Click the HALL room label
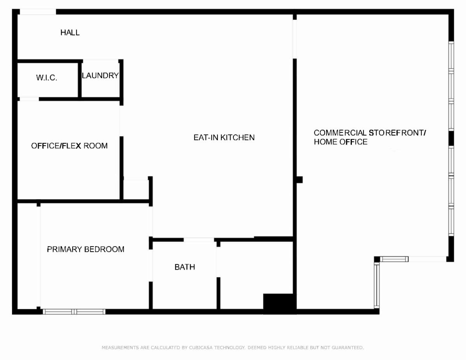70,33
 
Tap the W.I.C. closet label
47,78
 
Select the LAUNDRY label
100,75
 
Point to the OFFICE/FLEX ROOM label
69,146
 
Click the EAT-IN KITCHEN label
224,137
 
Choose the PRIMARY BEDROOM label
85,249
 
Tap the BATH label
185,267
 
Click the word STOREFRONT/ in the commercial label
397,133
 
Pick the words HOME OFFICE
341,142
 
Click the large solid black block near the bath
280,304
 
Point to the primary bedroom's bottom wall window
74,311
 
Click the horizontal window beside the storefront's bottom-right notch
394,259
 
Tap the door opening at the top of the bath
199,240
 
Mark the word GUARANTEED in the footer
348,348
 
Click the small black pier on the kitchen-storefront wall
299,180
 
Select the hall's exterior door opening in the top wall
38,12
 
